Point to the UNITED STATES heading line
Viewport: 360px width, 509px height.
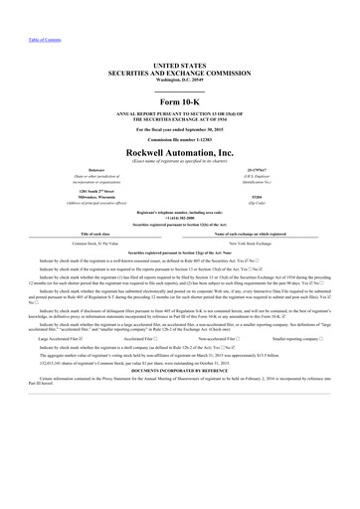180,63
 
